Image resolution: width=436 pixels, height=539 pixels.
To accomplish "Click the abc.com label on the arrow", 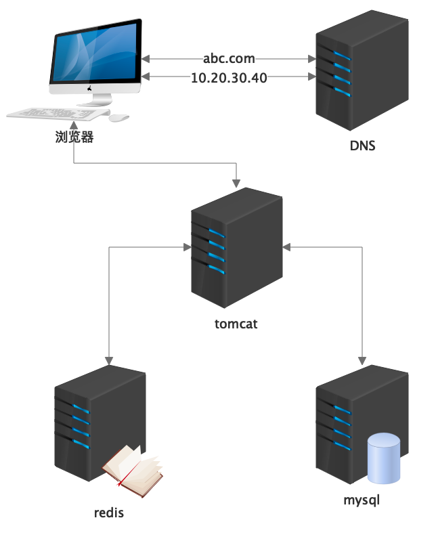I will click(229, 59).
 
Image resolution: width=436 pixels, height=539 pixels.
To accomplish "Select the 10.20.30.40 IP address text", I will click(229, 77).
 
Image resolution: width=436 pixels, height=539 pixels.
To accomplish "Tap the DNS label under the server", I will click(362, 146).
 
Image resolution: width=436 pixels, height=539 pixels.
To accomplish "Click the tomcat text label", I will click(236, 324).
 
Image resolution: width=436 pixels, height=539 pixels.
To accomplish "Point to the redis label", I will click(109, 513).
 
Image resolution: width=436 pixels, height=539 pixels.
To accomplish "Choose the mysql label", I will click(362, 501).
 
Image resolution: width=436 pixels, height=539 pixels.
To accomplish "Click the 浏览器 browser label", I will click(74, 137).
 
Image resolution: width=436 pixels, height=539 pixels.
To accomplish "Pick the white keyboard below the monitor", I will click(54, 114).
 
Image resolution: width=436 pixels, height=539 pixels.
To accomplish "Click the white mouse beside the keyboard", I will click(119, 117).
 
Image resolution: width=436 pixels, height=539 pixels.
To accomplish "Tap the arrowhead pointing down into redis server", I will click(109, 360).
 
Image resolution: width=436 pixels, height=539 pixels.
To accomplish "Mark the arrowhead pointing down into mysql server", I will click(362, 360).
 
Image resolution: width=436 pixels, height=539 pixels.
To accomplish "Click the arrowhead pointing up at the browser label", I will click(74, 127).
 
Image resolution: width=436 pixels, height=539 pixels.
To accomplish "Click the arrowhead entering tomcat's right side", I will click(286, 246).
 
